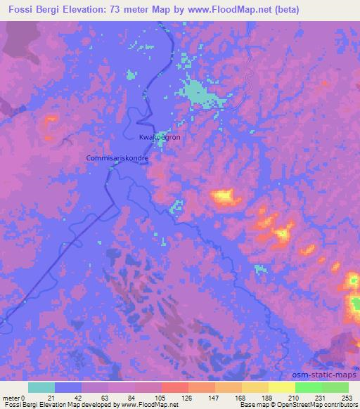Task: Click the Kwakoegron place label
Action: (x=160, y=137)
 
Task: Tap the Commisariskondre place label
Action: (x=117, y=158)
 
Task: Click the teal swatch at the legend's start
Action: (x=41, y=387)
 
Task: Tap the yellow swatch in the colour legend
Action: (x=282, y=387)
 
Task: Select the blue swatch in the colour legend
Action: (x=68, y=387)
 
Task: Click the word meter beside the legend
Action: (x=11, y=398)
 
